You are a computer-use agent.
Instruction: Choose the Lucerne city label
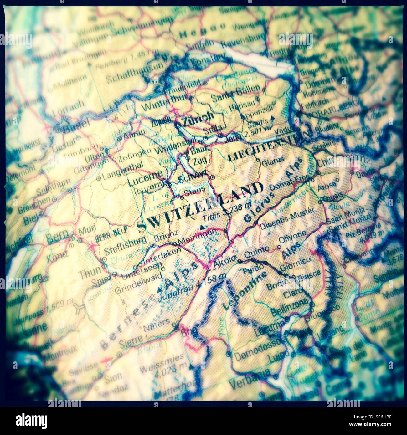click(145, 177)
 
